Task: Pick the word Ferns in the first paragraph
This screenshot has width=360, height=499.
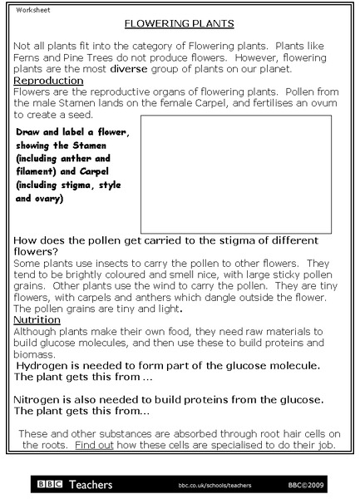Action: pos(30,59)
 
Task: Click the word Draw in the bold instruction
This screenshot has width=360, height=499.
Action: pos(31,132)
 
